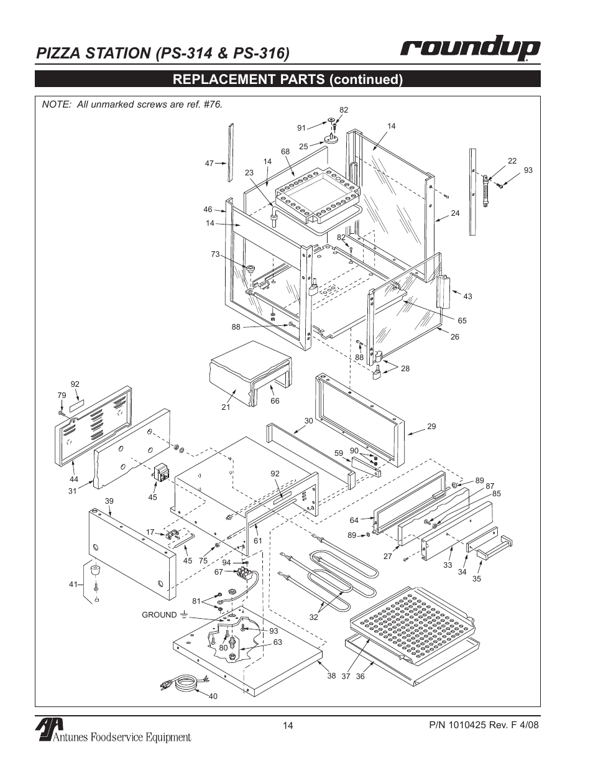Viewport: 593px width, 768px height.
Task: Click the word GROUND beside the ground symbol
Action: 160,614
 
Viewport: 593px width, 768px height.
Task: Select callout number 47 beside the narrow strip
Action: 209,164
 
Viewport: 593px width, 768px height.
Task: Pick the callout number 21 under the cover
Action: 226,407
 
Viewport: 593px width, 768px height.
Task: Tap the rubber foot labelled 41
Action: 96,570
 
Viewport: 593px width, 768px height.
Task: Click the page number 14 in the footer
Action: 287,726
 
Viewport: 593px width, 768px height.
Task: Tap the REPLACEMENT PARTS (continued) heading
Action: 287,80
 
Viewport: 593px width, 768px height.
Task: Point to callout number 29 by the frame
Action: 431,426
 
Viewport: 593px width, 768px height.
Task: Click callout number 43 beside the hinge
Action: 467,297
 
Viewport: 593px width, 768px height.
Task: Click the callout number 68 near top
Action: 285,152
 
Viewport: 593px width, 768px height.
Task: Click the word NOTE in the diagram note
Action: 53,104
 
